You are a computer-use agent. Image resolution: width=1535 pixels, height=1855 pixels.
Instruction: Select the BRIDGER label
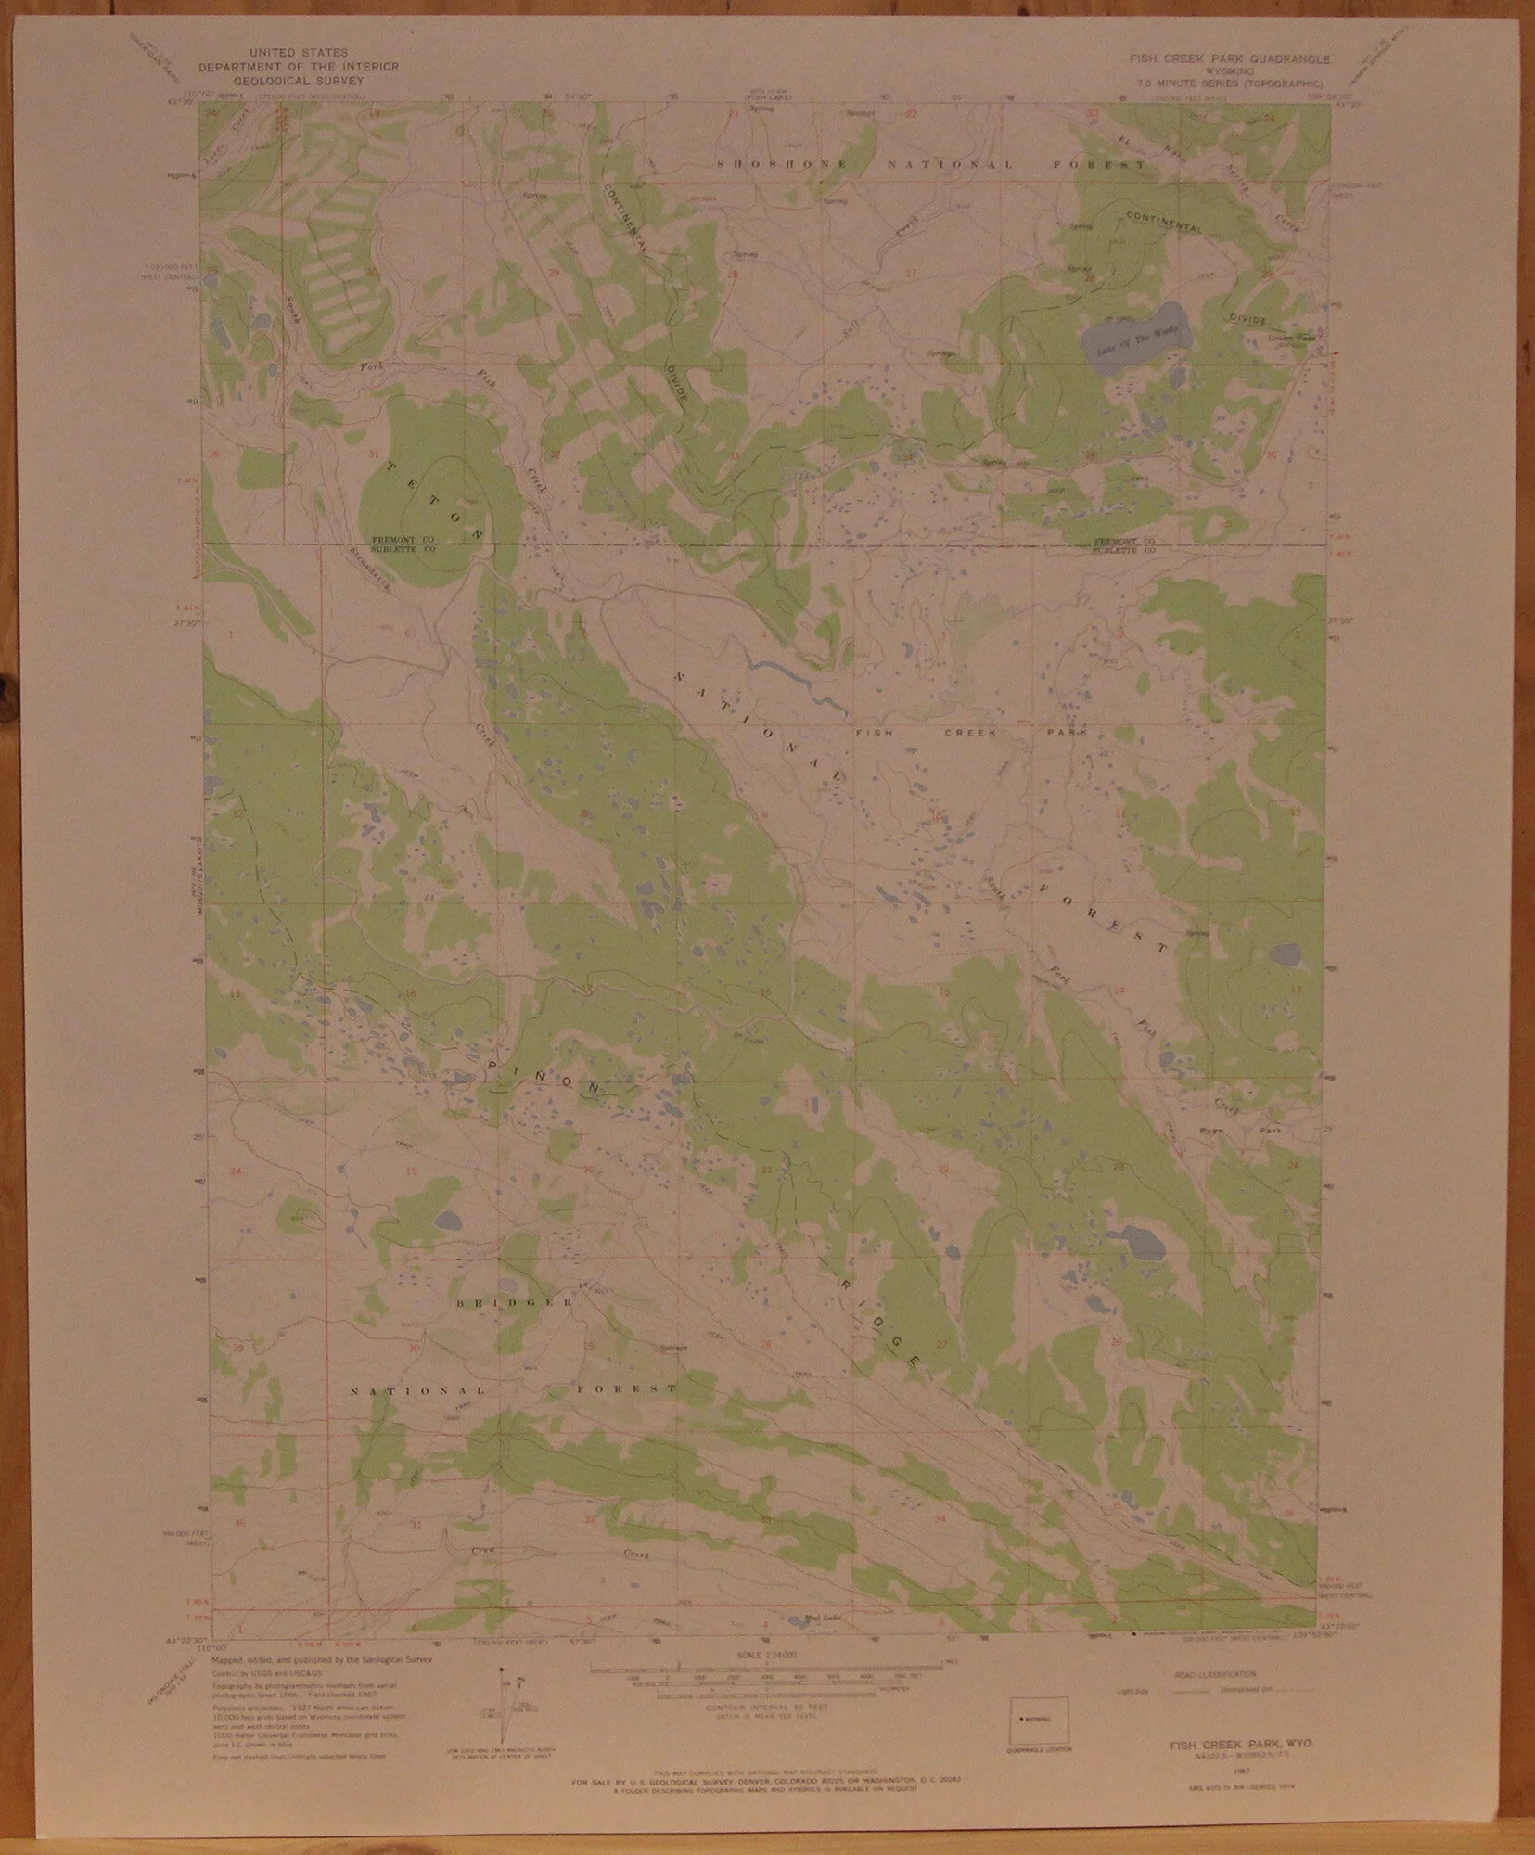pos(513,1302)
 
